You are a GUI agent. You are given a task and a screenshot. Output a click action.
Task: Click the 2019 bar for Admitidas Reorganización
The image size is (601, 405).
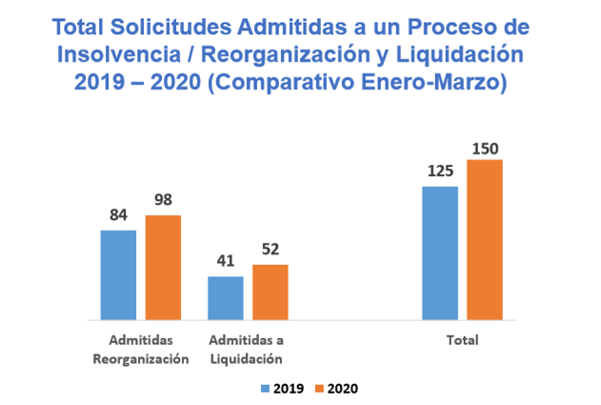coord(118,275)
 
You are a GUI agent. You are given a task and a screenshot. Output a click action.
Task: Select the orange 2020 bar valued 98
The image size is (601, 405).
coord(163,268)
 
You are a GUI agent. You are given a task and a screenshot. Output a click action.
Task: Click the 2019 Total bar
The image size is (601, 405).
coord(440,253)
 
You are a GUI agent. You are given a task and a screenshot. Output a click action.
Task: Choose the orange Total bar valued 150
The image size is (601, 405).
coord(485,240)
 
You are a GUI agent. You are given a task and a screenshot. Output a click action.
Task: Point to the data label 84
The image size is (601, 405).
coord(118,215)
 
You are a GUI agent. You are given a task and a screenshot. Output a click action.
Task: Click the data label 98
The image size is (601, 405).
coord(163,201)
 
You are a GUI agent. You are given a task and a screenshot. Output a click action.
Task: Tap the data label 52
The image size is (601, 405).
coord(270,250)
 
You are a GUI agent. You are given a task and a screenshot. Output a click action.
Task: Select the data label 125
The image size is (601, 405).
coord(440,172)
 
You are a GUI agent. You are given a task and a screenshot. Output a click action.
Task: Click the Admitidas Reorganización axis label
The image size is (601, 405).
coord(141,350)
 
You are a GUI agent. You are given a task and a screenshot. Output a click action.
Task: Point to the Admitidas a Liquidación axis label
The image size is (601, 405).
coord(247,350)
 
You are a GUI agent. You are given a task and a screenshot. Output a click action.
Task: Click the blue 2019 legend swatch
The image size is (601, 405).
coord(265,389)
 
